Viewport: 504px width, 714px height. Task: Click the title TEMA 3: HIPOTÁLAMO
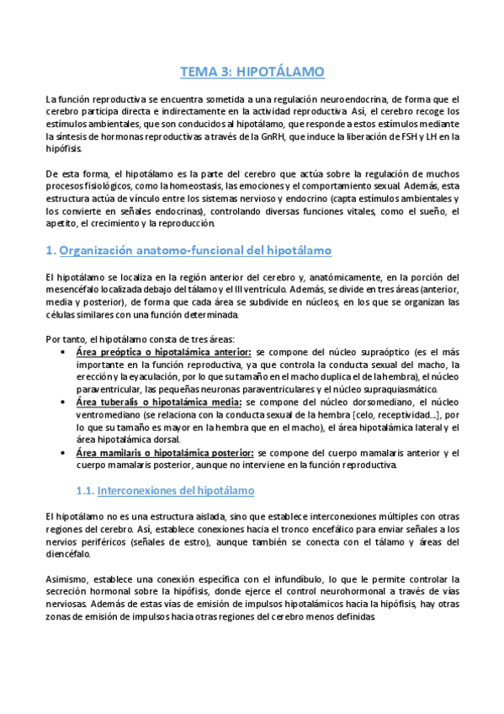coord(252,72)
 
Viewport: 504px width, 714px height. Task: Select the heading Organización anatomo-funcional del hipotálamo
coord(197,251)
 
